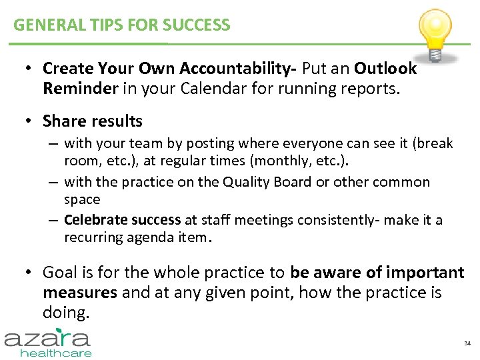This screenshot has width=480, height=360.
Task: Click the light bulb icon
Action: pos(434,31)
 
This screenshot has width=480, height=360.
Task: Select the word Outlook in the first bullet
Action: pos(385,69)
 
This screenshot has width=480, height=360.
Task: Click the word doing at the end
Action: pos(65,312)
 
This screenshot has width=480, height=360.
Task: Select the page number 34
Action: pos(467,343)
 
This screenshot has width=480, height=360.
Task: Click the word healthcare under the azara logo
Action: pos(56,353)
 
